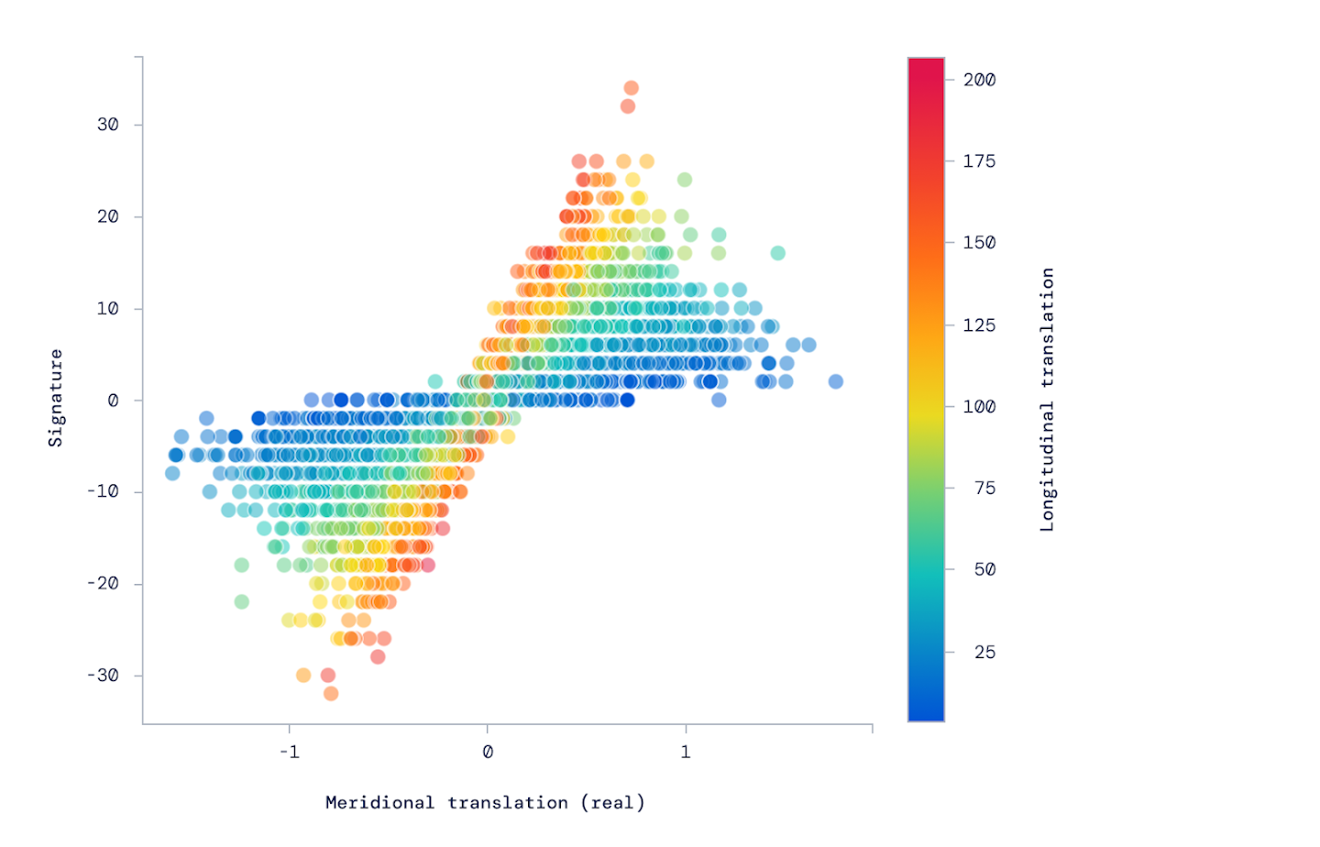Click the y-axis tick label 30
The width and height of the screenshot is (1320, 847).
pos(108,125)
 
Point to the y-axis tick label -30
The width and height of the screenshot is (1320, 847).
pos(104,676)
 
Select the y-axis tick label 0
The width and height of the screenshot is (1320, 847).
pos(113,401)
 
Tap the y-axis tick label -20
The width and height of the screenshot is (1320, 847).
pos(104,584)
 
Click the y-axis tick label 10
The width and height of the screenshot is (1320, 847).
pos(108,309)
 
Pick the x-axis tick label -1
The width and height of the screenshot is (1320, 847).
pos(289,753)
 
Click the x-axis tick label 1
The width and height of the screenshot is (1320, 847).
pos(686,753)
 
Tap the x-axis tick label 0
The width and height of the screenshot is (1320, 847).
pos(488,753)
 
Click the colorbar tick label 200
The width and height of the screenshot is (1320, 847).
pos(979,80)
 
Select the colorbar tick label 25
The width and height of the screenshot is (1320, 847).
pos(984,652)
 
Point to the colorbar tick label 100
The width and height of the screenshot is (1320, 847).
pos(979,407)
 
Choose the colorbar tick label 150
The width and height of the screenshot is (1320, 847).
pos(979,243)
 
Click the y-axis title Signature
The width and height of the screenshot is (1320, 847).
pos(56,398)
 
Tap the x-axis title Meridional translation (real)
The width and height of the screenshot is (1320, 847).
pos(485,803)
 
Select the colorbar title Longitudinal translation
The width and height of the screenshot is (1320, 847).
pos(1047,400)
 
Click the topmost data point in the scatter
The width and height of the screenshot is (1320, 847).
pos(631,88)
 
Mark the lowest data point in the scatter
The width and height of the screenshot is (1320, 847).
pos(331,694)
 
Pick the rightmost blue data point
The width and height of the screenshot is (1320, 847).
pos(836,381)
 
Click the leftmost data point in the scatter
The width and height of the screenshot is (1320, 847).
pos(172,473)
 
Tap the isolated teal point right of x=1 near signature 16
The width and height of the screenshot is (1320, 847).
pos(777,253)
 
